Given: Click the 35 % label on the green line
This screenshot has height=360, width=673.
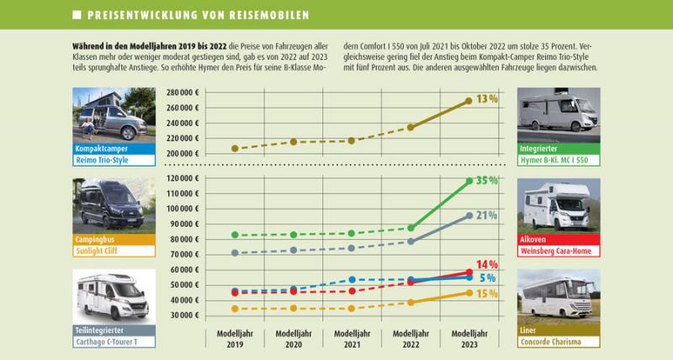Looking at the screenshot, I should (486, 181).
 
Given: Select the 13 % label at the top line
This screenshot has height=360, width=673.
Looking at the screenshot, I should (487, 99).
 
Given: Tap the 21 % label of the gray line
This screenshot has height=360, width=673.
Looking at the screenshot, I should (487, 215).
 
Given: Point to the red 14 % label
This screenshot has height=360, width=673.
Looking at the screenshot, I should (487, 264).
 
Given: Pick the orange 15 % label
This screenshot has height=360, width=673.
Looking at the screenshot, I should (487, 294).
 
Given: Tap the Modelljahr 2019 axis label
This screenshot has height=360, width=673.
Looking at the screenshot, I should (234, 338).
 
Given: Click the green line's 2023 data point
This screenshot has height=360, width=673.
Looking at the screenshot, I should (469, 181).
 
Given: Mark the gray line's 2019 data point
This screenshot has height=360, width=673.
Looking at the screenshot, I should (234, 252).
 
